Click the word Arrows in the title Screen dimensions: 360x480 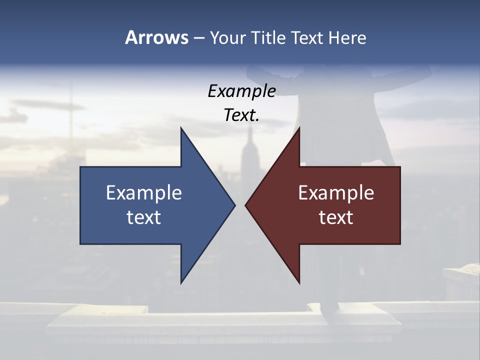[x=156, y=37]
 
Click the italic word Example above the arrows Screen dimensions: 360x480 [x=241, y=91]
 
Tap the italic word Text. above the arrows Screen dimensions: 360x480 [x=241, y=115]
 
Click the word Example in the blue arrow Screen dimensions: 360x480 [x=143, y=193]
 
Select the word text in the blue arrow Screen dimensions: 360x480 [x=143, y=217]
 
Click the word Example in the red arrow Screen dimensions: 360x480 [x=336, y=193]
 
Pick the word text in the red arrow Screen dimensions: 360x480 [x=336, y=217]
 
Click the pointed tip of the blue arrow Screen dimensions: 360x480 [x=234, y=205]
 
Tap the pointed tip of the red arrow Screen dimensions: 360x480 [x=245, y=205]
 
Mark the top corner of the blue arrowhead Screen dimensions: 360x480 [x=181, y=128]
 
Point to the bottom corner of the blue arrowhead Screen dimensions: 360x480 [x=181, y=283]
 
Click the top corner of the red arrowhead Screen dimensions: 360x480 [x=299, y=128]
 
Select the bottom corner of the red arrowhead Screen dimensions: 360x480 [x=299, y=283]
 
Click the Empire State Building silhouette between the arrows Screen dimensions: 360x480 [x=250, y=155]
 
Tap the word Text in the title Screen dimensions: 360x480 [x=307, y=37]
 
